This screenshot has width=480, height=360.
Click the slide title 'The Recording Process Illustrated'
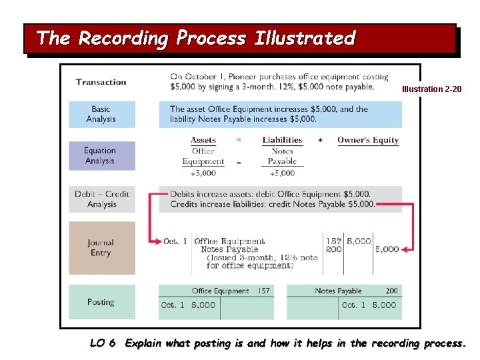pos(196,39)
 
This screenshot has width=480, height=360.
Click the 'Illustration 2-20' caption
pos(431,89)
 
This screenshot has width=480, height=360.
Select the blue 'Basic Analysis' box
pos(101,114)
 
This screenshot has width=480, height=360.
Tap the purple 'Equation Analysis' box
pos(101,156)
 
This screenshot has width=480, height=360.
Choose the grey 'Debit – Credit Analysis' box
pos(101,199)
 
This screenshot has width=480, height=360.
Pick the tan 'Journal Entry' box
pos(101,248)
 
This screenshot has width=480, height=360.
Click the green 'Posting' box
pos(101,302)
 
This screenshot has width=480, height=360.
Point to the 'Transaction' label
pos(101,82)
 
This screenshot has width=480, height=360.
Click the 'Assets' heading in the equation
pos(203,140)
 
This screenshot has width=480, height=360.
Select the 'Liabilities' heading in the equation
pos(282,140)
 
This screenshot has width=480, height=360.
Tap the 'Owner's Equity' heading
pos(368,140)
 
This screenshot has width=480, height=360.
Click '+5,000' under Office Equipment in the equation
pos(203,173)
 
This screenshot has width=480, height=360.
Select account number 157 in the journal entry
pos(333,241)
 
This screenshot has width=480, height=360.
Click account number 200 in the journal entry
pos(333,249)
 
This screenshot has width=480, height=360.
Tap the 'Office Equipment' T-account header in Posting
pos(221,291)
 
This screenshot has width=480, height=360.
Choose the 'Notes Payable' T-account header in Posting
pos(338,291)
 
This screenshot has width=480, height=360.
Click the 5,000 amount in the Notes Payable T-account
pos(384,305)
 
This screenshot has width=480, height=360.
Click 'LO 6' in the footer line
pos(103,343)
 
